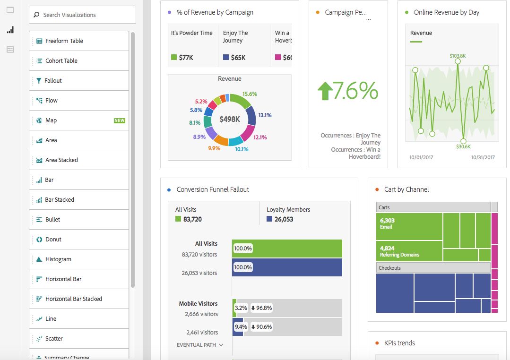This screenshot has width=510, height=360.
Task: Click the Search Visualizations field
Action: tap(83, 15)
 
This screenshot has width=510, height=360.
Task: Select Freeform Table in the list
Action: tap(64, 41)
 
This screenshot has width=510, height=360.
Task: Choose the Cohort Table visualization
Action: tap(61, 61)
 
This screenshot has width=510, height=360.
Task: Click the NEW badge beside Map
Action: tap(120, 120)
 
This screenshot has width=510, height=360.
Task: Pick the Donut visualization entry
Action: tap(53, 240)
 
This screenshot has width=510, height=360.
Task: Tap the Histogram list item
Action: tap(58, 259)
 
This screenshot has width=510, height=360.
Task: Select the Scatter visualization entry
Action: tap(54, 339)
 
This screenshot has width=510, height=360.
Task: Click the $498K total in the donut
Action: tap(230, 120)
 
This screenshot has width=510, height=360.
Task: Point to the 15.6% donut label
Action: tap(250, 94)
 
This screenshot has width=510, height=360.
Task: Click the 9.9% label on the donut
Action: tap(214, 148)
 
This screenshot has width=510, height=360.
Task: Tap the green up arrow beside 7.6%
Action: tap(325, 91)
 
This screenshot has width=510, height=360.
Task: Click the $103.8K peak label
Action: tap(458, 56)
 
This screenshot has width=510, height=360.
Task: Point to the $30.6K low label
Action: tap(463, 146)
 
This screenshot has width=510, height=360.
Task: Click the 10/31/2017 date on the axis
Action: tap(483, 157)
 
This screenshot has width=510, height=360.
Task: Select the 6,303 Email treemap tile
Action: tap(409, 227)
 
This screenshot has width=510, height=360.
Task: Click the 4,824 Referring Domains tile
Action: tap(409, 251)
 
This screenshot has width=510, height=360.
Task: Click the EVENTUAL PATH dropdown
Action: tap(200, 345)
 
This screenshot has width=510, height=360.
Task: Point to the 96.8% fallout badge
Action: tap(261, 308)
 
